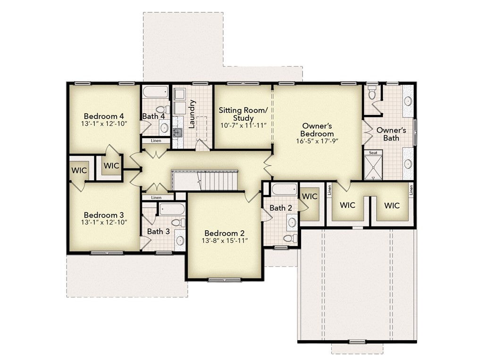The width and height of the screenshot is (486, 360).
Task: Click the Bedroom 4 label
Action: point(104,116)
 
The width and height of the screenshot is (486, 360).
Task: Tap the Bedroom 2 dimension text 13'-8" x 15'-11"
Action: point(224,241)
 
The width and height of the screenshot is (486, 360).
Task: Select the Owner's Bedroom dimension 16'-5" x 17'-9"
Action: point(318,141)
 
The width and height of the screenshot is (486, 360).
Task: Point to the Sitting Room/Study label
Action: point(243,114)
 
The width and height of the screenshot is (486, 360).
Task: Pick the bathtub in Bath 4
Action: point(154,92)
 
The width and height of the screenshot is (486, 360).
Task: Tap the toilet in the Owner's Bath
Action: point(371,92)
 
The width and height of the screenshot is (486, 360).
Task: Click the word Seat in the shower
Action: point(373,153)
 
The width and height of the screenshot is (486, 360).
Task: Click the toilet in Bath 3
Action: point(177,222)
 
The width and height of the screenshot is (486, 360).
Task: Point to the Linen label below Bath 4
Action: point(156,141)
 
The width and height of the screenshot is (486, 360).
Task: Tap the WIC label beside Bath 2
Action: point(310,196)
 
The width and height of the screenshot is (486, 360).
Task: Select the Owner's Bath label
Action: point(391,134)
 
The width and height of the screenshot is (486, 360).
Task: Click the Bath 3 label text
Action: point(158,231)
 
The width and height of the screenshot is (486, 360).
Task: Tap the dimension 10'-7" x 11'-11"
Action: point(243,126)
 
